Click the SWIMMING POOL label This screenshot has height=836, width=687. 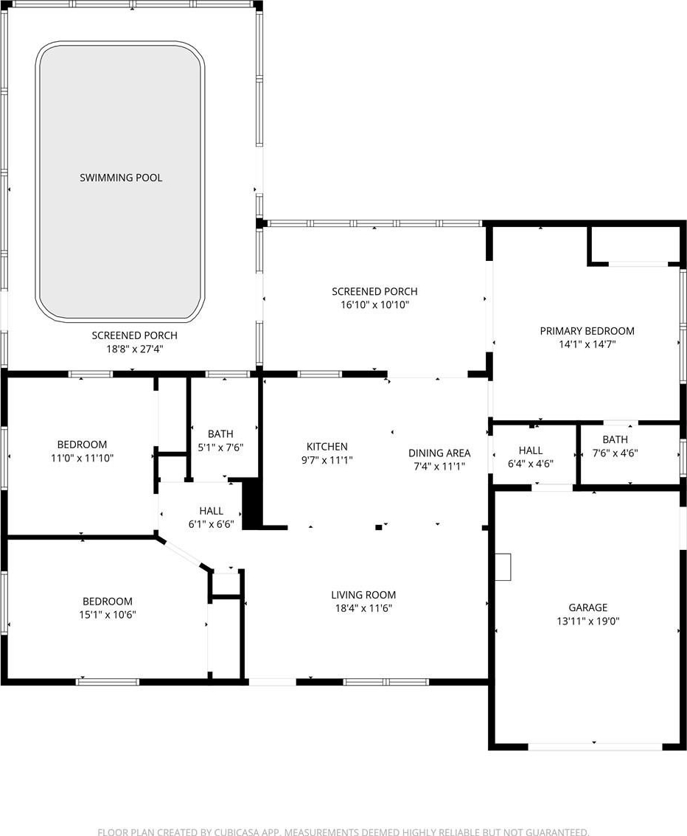pos(121,178)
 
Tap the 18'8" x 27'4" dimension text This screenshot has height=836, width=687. pos(134,349)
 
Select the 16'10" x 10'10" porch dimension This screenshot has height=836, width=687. pos(374,305)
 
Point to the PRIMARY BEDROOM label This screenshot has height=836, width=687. pos(587,330)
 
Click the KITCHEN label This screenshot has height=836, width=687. pos(327,446)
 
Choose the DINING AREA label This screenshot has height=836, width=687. pos(440,453)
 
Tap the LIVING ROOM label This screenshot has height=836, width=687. pos(363,594)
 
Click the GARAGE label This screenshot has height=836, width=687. pos(588,607)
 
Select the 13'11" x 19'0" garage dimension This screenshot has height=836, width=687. pos(588,621)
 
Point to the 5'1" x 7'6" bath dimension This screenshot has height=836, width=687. pos(220,447)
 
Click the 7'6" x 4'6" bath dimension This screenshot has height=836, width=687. pos(615,453)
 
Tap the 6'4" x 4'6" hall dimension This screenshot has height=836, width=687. pos(530,464)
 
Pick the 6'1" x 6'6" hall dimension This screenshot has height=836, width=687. pos(211,524)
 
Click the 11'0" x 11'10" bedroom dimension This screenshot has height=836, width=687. pos(82,458)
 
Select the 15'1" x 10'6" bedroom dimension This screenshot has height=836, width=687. pos(108,615)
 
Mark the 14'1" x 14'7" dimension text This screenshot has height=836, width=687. pos(587,344)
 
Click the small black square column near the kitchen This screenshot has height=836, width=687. pos(378,527)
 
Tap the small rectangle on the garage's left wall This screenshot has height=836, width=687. pos(503,567)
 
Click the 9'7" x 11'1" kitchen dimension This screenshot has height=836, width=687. pos(327,460)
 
